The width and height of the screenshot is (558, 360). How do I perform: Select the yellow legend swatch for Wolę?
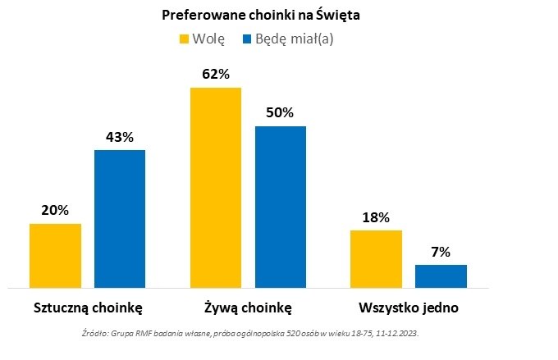point(184,39)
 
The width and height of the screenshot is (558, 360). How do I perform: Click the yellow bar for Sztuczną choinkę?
point(55,255)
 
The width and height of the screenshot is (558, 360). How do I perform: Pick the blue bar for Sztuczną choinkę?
point(119,218)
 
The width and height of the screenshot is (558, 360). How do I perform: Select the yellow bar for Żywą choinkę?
point(216,187)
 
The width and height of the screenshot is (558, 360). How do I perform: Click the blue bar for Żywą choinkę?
point(280,207)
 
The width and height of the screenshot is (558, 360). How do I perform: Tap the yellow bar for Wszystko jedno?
point(376,258)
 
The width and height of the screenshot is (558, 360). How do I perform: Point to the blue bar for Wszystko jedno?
point(441,276)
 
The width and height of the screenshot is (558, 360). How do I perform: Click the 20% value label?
point(55,210)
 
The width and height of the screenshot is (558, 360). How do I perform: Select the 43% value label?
point(119,137)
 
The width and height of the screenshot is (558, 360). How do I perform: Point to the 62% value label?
point(216,75)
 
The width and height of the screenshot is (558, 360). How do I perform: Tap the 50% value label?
point(280,113)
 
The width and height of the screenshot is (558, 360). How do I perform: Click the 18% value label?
point(376,217)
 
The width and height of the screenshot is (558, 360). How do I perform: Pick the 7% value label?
point(441,252)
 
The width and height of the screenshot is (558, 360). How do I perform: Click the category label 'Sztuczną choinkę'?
point(89,308)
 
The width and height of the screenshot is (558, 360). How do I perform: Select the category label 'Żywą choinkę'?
point(248,308)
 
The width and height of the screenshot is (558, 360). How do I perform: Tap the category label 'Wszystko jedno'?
point(408,308)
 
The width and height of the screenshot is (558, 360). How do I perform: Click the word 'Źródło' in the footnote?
point(98,335)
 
